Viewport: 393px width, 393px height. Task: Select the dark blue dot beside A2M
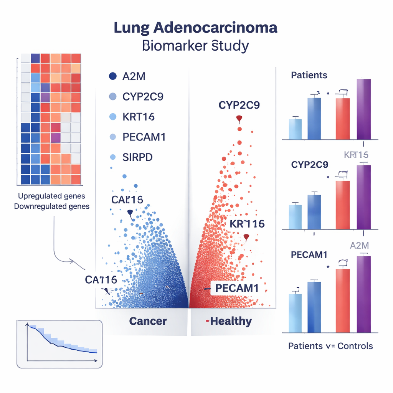pyautogui.click(x=112, y=76)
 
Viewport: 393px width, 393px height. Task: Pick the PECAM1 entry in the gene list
pyautogui.click(x=144, y=137)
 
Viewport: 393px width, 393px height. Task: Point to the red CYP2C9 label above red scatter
pyautogui.click(x=239, y=105)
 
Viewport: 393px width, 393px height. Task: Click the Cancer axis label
pyautogui.click(x=148, y=321)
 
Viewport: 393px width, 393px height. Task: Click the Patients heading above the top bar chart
pyautogui.click(x=309, y=75)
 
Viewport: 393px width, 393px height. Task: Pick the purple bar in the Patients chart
pyautogui.click(x=364, y=109)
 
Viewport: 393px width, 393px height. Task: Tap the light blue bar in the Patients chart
pyautogui.click(x=295, y=129)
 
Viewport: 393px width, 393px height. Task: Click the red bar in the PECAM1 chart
pyautogui.click(x=343, y=300)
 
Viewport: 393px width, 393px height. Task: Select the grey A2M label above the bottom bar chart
pyautogui.click(x=360, y=246)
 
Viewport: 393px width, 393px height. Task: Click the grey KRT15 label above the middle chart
pyautogui.click(x=356, y=155)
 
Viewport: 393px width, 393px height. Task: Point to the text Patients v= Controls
pyautogui.click(x=330, y=346)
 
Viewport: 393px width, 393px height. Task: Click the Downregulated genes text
pyautogui.click(x=52, y=206)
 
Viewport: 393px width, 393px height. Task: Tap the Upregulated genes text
pyautogui.click(x=51, y=196)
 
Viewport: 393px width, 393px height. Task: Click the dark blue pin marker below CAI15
pyautogui.click(x=129, y=213)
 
